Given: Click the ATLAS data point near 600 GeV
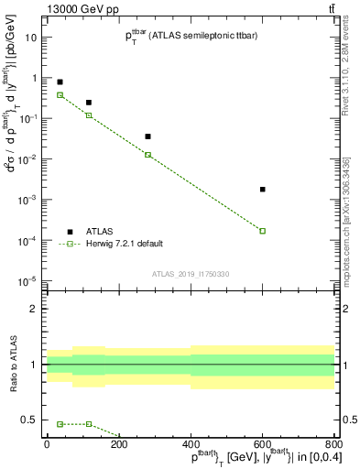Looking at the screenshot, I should (x=263, y=190).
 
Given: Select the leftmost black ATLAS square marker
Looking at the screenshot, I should (x=60, y=82).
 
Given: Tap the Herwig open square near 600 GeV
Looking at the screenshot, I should (x=263, y=231).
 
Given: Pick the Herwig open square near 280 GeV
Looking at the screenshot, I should (x=148, y=155).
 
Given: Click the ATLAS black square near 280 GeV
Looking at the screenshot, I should (x=148, y=136).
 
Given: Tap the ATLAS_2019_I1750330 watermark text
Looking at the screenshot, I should (x=190, y=274).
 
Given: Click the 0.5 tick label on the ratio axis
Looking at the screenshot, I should (x=29, y=420).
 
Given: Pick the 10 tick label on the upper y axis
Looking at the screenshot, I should (x=31, y=38).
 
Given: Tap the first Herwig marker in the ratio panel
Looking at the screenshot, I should (x=60, y=424).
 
